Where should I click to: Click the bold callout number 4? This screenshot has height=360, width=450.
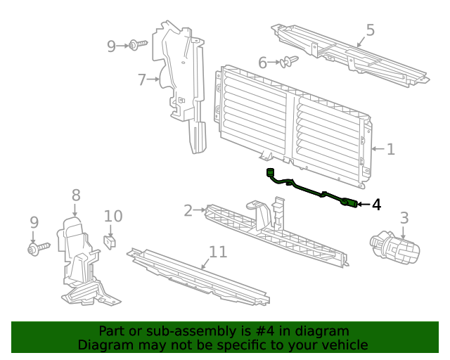[x=377, y=205]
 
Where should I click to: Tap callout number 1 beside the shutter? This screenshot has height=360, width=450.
[x=390, y=149]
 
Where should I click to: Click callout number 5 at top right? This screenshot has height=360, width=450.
[x=370, y=30]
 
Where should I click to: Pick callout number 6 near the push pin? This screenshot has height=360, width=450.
[x=263, y=63]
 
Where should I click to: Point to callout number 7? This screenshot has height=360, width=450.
[x=142, y=79]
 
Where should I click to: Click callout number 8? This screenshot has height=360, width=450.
[x=76, y=195]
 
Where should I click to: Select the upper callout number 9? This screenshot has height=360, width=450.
[x=111, y=46]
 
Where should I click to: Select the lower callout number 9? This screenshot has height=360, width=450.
[x=33, y=222]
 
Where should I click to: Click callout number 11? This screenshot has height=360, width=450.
[x=218, y=251]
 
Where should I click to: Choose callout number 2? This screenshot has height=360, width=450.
[x=188, y=210]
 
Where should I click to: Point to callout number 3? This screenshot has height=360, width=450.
[x=404, y=218]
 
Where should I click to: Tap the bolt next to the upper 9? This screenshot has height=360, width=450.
[x=136, y=46]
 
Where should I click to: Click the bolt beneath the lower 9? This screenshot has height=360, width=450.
[x=38, y=248]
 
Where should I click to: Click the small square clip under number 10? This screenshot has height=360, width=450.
[x=111, y=242]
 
